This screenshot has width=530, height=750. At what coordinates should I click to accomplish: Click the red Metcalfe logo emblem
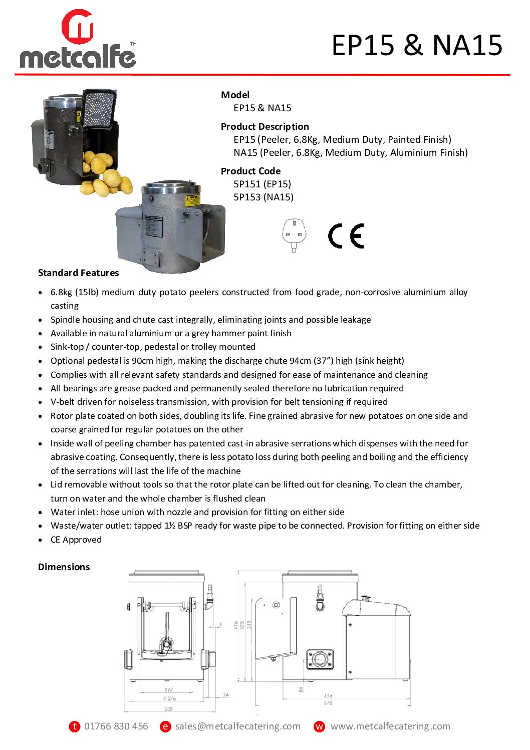[x=78, y=27]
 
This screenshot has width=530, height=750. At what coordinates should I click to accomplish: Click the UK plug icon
[x=293, y=235]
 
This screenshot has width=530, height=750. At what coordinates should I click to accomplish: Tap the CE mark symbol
[x=346, y=236]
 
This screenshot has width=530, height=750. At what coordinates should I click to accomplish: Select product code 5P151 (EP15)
[x=262, y=184]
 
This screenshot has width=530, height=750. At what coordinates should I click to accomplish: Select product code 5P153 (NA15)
[x=263, y=197]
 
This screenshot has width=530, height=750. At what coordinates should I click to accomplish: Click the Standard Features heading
[x=79, y=273]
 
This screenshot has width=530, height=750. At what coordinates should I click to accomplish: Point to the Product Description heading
[x=264, y=126]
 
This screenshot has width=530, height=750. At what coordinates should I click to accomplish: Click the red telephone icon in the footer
[x=75, y=726]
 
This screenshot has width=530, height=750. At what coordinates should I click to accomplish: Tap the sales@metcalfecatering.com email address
[x=237, y=726]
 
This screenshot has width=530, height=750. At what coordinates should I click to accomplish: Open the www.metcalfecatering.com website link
[x=390, y=726]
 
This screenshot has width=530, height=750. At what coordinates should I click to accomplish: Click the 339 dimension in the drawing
[x=169, y=709]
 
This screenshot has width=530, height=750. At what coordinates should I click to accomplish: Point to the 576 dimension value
[x=328, y=703]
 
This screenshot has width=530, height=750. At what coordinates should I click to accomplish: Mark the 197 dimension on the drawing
[x=169, y=690]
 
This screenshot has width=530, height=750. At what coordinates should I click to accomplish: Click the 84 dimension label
[x=301, y=689]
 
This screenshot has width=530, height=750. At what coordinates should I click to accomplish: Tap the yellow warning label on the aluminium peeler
[x=192, y=200]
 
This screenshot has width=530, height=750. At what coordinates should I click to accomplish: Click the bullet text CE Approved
[x=76, y=540]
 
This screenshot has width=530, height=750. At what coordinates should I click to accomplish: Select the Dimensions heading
[x=64, y=567]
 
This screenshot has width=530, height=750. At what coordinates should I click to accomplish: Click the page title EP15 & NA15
[x=417, y=45]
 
